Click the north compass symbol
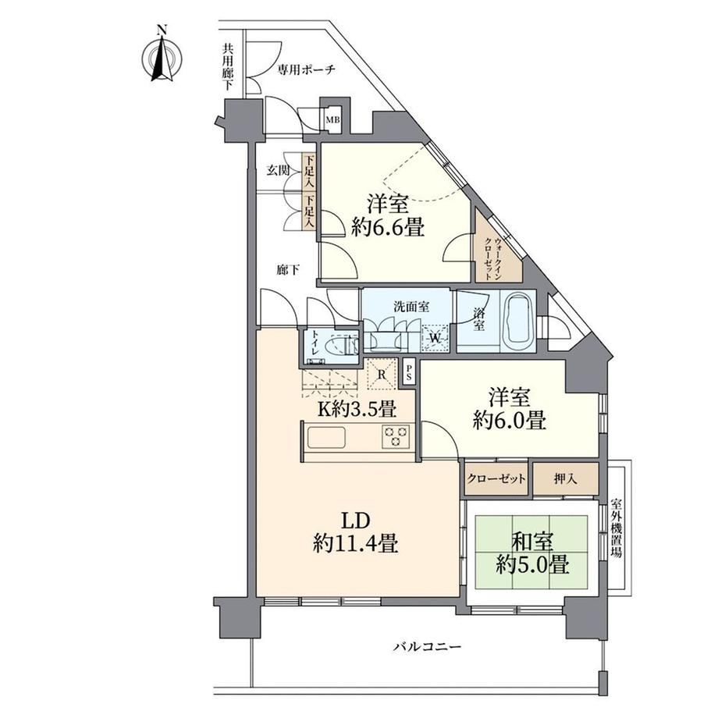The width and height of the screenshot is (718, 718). pos(162,57)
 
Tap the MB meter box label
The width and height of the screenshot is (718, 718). pos(332,120)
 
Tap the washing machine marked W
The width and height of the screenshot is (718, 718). pos(435,338)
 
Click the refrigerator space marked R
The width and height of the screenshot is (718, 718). pos(382,374)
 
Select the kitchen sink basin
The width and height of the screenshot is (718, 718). pos(326,437)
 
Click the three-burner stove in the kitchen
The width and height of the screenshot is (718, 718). pos(395,436)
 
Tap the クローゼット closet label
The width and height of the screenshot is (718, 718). pos(497,479)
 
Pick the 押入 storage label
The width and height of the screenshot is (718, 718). pos(565,479)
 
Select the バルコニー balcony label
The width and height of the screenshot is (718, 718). pos(428,646)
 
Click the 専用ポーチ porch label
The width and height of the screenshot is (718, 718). pos(307,69)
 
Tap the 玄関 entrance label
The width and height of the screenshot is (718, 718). pos(279,171)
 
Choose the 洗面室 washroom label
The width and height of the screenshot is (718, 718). pos(411,307)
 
